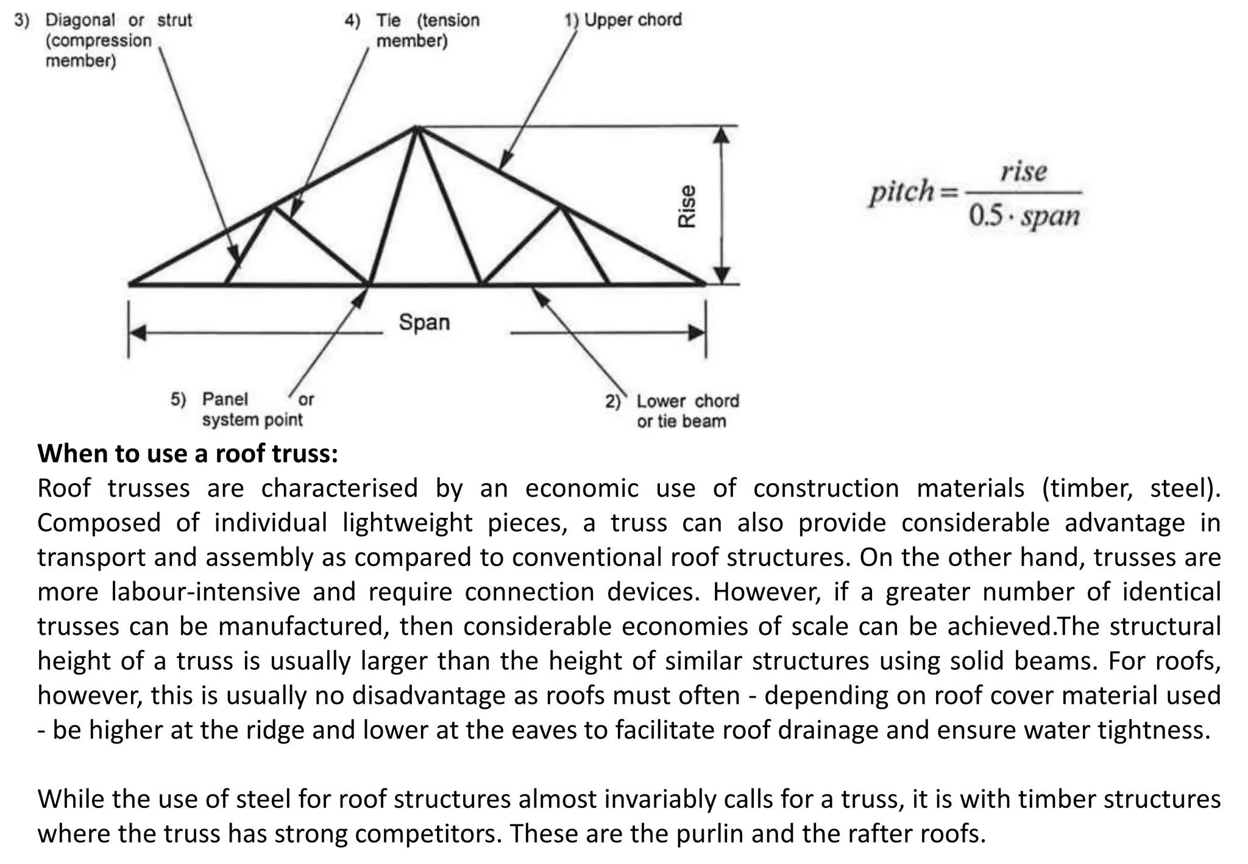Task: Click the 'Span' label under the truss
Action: point(424,322)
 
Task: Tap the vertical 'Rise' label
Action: point(687,207)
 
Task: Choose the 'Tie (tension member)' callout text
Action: point(427,30)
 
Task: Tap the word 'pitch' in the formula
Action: point(901,192)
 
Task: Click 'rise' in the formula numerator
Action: point(1024,171)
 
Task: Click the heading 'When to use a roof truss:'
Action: point(188,454)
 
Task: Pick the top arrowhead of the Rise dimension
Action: point(721,135)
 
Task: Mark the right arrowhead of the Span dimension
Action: point(696,333)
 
